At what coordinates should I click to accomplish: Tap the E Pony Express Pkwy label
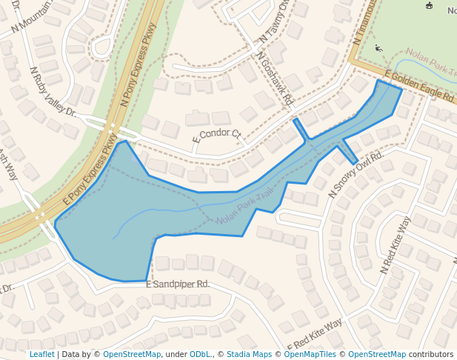pyautogui.click(x=91, y=170)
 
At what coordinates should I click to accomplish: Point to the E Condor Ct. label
pyautogui.click(x=217, y=136)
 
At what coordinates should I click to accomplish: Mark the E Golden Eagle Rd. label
pyautogui.click(x=418, y=87)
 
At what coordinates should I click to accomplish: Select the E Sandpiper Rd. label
pyautogui.click(x=179, y=284)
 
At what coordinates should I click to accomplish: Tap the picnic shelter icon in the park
pyautogui.click(x=428, y=6)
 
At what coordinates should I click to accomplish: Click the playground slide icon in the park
pyautogui.click(x=380, y=48)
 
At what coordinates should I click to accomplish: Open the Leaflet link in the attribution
pyautogui.click(x=41, y=354)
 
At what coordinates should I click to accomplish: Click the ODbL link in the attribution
pyautogui.click(x=199, y=354)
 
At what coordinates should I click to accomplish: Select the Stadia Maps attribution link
pyautogui.click(x=249, y=354)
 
